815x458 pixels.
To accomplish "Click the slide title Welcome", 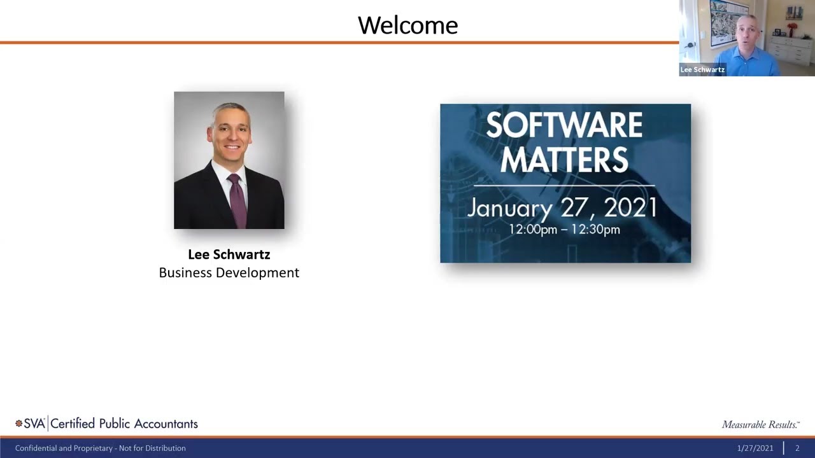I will click(x=407, y=25).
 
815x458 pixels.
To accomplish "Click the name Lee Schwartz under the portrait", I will click(x=229, y=254).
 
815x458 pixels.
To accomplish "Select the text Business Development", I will click(x=229, y=272).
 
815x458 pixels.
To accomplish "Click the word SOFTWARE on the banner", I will click(x=564, y=126).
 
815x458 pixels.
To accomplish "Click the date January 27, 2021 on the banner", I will click(x=562, y=208).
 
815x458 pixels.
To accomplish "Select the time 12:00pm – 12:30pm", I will click(x=564, y=230).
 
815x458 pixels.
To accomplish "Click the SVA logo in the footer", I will click(x=30, y=424).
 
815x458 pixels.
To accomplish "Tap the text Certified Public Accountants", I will click(x=124, y=424).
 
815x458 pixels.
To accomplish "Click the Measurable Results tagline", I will click(x=760, y=424).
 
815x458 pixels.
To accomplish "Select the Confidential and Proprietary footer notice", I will click(x=101, y=448).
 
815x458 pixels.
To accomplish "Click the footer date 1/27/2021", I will click(x=755, y=448).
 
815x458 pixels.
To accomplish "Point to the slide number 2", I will click(x=797, y=448).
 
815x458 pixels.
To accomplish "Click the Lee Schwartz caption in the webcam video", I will click(x=702, y=70).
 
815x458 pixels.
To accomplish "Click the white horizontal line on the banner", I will click(x=564, y=186).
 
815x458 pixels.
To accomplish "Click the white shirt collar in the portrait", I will click(x=223, y=172).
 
